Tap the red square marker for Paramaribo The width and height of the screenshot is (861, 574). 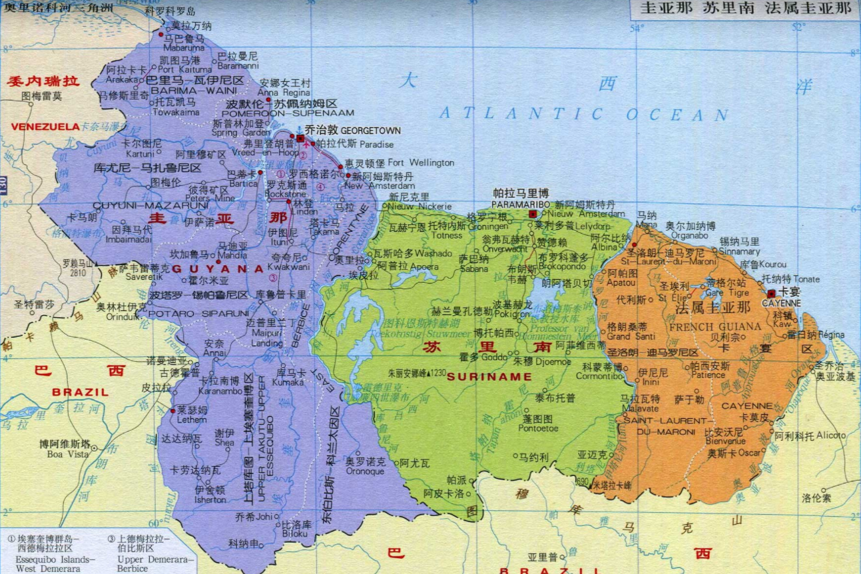coord(533,214)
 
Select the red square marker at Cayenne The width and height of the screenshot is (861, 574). coord(771,293)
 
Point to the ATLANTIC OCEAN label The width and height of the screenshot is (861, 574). coord(583,115)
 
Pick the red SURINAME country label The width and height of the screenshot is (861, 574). coord(489,377)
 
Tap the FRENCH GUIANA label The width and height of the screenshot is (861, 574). coord(715,326)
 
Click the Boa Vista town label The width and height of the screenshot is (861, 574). coord(67,454)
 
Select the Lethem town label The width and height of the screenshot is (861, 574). coord(192,421)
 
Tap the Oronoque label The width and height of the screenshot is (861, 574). coord(364,471)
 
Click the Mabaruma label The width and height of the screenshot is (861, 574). coord(183,48)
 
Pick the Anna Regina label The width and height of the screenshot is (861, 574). coord(284,93)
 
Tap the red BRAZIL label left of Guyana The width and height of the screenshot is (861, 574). coord(80,392)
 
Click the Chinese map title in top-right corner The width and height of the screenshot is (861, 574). coord(745,9)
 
